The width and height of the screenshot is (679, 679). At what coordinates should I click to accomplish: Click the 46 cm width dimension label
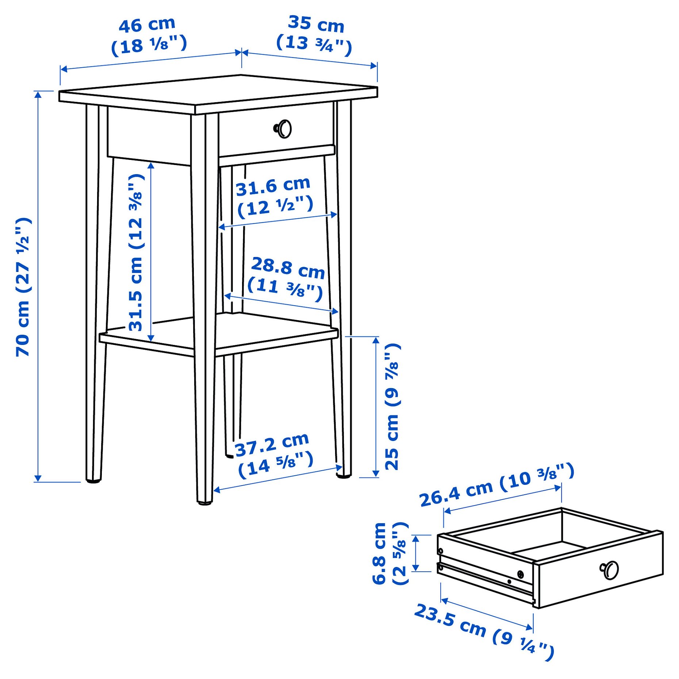147,25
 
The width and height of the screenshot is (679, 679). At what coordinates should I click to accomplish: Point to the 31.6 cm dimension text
273,187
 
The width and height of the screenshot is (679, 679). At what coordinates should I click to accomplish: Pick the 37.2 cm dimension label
272,445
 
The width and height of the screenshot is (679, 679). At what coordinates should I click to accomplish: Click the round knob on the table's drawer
283,129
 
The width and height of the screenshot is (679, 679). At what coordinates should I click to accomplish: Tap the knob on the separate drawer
609,570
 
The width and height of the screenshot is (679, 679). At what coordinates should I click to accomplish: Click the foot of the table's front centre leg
205,502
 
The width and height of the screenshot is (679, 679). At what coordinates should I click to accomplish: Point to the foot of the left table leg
93,480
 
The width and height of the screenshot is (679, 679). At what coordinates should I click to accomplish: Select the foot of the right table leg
343,475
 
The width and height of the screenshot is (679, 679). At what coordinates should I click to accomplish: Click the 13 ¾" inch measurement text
314,44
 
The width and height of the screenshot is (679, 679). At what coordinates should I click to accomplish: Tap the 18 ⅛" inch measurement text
149,45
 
